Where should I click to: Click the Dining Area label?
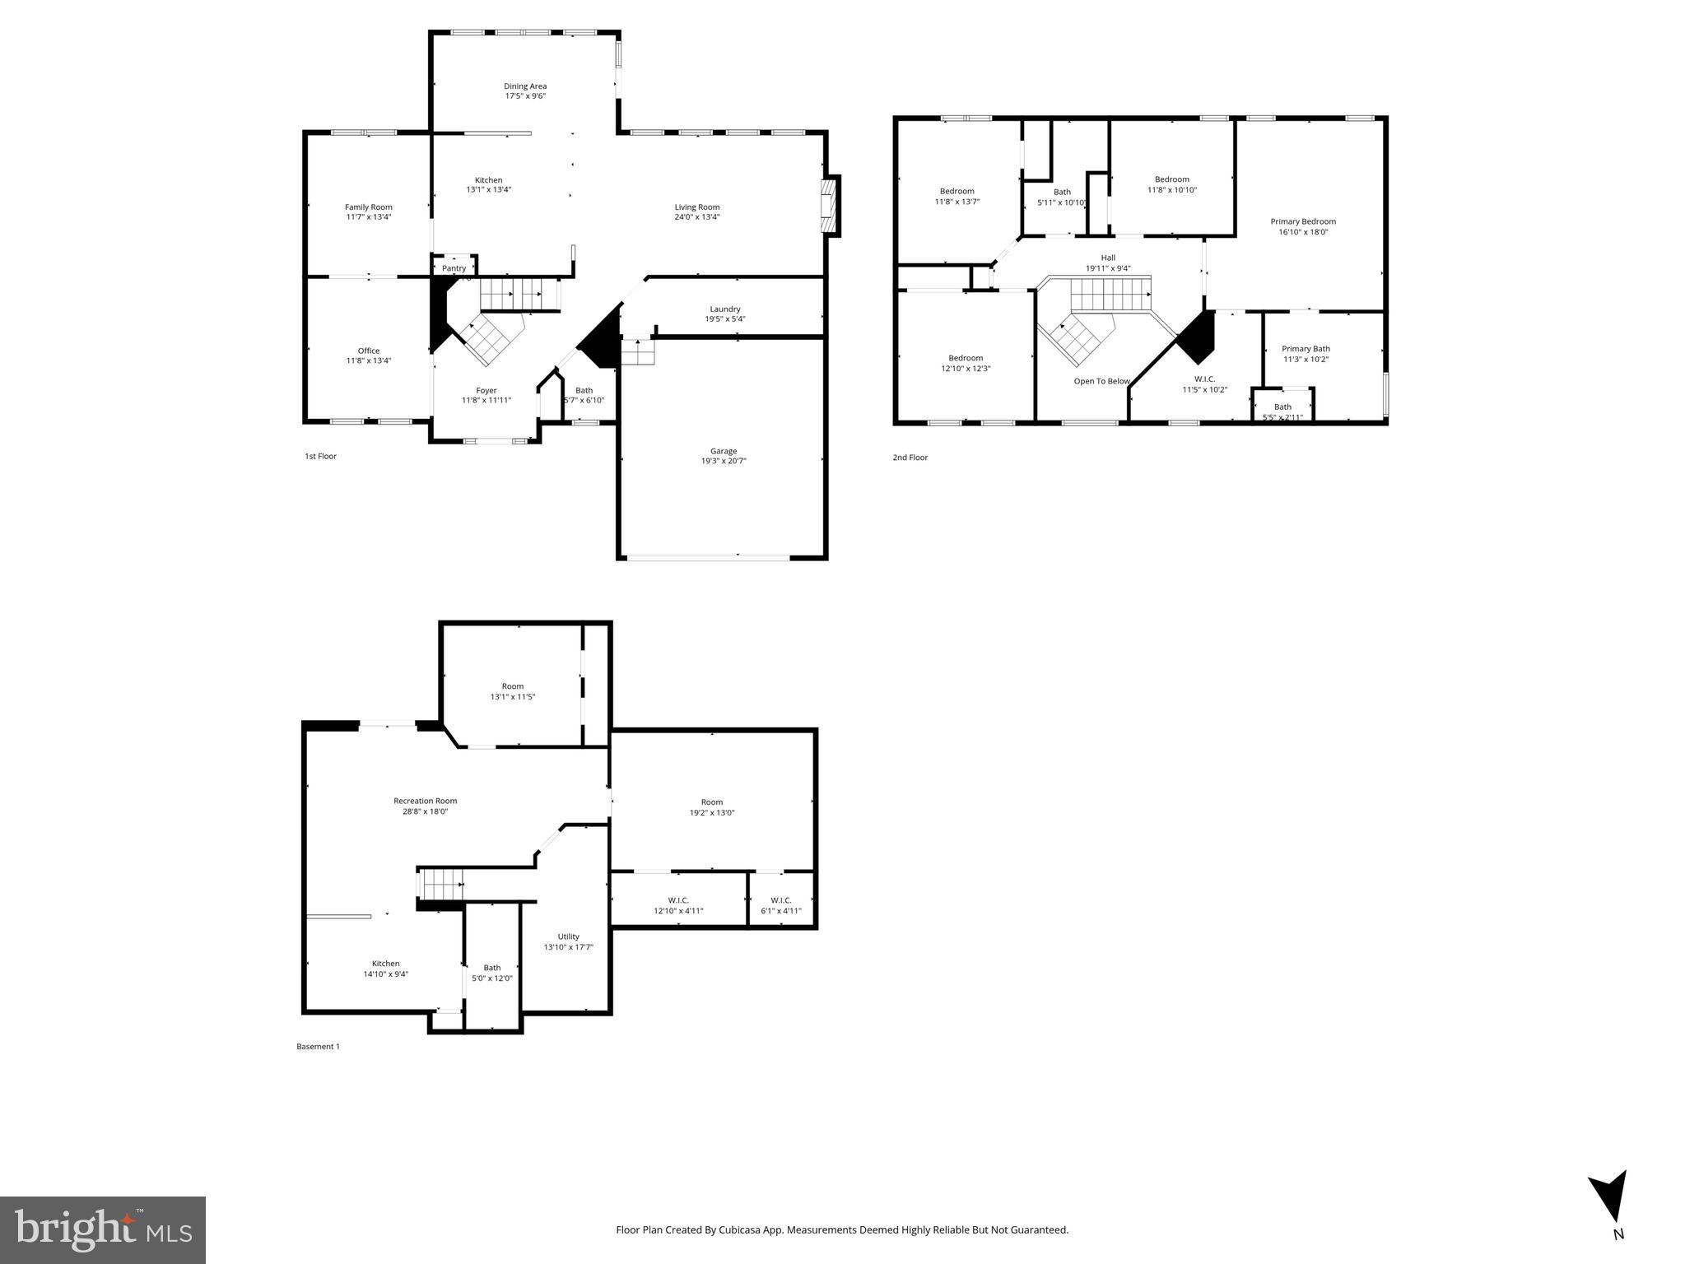pyautogui.click(x=525, y=86)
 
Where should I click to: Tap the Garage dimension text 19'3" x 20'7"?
pyautogui.click(x=724, y=462)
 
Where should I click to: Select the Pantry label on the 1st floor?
pyautogui.click(x=454, y=268)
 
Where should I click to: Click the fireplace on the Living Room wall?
pyautogui.click(x=829, y=206)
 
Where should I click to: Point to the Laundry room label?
pyautogui.click(x=725, y=309)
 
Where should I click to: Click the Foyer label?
pyautogui.click(x=486, y=391)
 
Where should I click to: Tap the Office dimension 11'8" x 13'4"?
pyautogui.click(x=369, y=361)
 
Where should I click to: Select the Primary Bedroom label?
pyautogui.click(x=1303, y=221)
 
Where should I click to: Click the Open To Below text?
pyautogui.click(x=1101, y=381)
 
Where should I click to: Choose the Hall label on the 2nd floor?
pyautogui.click(x=1108, y=258)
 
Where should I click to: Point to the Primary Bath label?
pyautogui.click(x=1306, y=349)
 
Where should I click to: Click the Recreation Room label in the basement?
pyautogui.click(x=425, y=801)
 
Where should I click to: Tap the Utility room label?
pyautogui.click(x=568, y=936)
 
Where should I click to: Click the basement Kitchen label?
pyautogui.click(x=385, y=964)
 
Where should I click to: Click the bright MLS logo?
pyautogui.click(x=103, y=1229)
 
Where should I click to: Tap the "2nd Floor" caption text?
pyautogui.click(x=910, y=458)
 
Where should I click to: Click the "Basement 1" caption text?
pyautogui.click(x=318, y=1047)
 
